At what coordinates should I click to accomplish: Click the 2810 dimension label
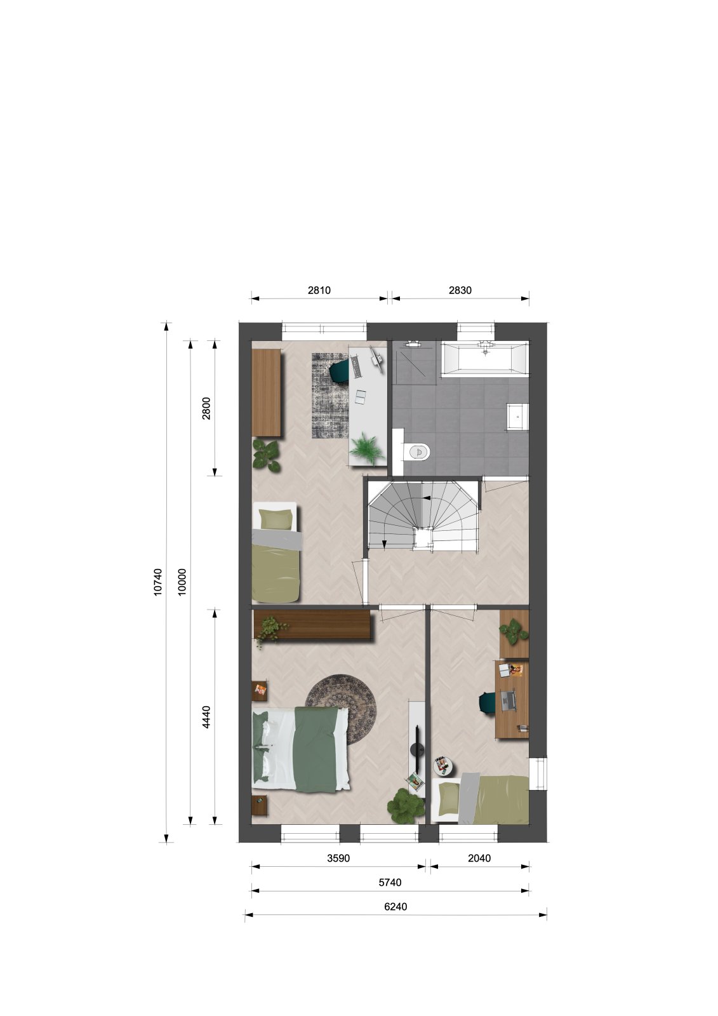319,290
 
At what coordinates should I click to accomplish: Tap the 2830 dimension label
460,290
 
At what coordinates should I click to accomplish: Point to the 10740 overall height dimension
158,582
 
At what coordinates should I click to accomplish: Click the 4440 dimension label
206,717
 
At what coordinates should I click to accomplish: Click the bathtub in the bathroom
485,359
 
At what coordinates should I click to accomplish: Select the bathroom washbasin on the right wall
517,416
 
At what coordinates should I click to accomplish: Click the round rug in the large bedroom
341,716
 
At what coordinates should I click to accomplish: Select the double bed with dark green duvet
301,751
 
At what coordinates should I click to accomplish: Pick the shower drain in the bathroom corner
413,344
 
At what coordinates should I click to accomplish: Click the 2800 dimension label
206,408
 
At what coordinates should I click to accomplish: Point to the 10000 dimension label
182,582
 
